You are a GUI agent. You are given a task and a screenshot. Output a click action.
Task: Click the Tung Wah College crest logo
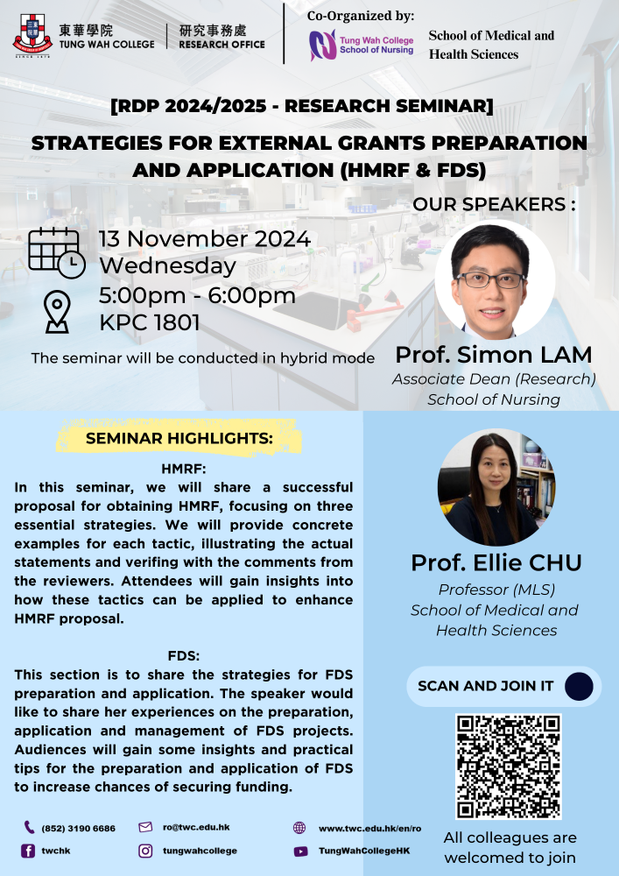tap(32, 36)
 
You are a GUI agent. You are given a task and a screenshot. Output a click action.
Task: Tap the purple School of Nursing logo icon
tap(322, 45)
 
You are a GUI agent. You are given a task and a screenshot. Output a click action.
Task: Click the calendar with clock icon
tap(56, 253)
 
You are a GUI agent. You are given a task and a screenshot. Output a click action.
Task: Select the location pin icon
tap(57, 312)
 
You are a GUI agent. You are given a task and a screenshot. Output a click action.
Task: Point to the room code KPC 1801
tap(150, 323)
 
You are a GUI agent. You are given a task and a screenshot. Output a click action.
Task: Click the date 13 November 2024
tap(205, 239)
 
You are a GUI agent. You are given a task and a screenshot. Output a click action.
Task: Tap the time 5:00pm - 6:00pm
tap(197, 295)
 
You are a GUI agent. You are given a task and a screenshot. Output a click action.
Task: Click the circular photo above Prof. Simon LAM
tap(495, 279)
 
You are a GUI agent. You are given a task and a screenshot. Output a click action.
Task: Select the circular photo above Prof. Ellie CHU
tap(496, 486)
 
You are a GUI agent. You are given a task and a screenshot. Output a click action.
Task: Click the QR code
tap(508, 766)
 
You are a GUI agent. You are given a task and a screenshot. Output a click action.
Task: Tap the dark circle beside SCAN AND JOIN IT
tap(579, 687)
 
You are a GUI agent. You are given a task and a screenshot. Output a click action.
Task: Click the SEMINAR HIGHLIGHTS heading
tap(179, 439)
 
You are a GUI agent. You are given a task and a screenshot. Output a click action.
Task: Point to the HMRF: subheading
tap(184, 468)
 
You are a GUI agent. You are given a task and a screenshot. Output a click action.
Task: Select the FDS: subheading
tap(184, 655)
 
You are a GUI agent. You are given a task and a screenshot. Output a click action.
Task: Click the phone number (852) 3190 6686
tap(78, 828)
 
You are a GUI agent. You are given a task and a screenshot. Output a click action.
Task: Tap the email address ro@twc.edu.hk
tap(196, 827)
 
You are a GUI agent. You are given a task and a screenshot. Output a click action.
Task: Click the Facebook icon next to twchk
tap(28, 851)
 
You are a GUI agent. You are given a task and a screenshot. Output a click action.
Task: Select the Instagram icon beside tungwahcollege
tap(145, 851)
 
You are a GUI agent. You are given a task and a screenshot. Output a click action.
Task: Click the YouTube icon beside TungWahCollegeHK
tap(300, 851)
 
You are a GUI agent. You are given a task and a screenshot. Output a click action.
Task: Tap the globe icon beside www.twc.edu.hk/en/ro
tap(299, 828)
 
